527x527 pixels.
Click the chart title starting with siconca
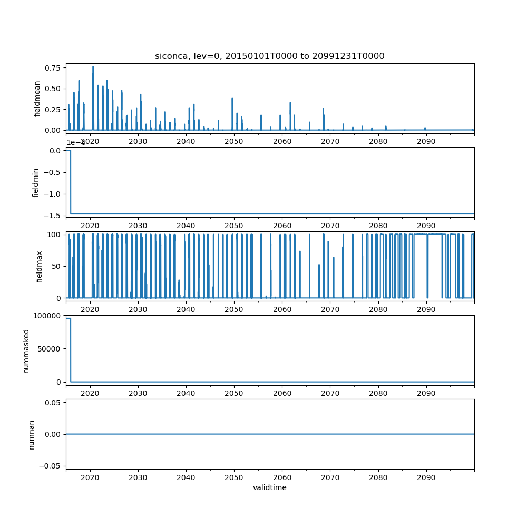tap(269, 56)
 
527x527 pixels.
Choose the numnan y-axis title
tap(31, 434)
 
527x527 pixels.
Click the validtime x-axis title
tap(269, 488)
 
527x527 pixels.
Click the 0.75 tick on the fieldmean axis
tap(53, 68)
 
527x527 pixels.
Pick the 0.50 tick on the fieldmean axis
tap(53, 89)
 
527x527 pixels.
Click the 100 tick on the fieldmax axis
tap(55, 235)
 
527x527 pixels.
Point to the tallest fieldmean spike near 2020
tap(93, 67)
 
